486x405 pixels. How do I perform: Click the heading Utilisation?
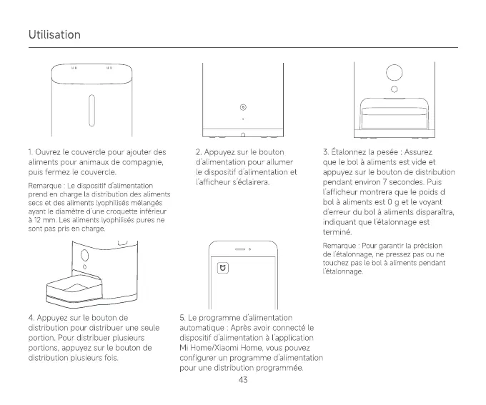click(55, 35)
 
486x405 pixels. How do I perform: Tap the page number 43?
click(243, 379)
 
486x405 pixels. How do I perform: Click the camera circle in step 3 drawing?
click(394, 72)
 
